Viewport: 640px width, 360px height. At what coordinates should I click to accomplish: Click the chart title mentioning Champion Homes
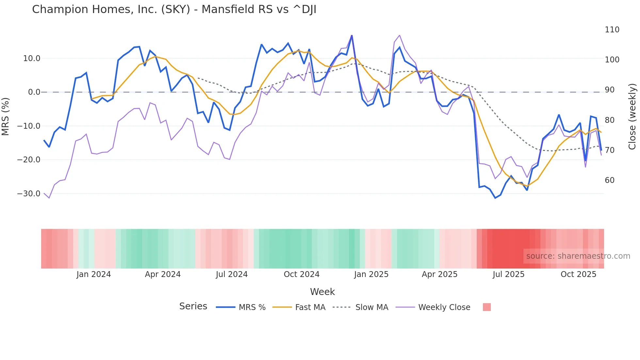pos(174,9)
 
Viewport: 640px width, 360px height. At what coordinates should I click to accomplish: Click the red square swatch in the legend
pos(487,307)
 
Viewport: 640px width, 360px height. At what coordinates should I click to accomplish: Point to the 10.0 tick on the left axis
pos(32,58)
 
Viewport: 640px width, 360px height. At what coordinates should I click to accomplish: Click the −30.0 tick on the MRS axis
pos(29,194)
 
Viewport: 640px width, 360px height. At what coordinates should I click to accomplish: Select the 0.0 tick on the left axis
pos(34,92)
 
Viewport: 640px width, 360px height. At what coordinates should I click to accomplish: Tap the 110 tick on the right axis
pos(612,30)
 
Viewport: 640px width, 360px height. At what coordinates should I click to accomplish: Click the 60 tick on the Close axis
pos(609,180)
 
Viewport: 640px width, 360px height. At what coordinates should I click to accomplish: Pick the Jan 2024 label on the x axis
pos(94,274)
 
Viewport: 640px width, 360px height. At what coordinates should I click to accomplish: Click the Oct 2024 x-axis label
pos(301,274)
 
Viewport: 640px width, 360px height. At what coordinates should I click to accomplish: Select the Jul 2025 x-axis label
pos(508,274)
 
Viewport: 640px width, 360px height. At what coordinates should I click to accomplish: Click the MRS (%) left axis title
pos(6,116)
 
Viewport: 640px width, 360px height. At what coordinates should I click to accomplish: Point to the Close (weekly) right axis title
pos(632,116)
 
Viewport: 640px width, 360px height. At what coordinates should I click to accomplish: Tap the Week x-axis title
pos(322,292)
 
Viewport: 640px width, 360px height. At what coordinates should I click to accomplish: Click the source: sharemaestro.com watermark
pos(578,256)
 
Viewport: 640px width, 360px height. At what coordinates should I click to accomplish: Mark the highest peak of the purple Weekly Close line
pos(399,35)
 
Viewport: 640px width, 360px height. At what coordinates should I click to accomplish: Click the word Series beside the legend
pos(193,306)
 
